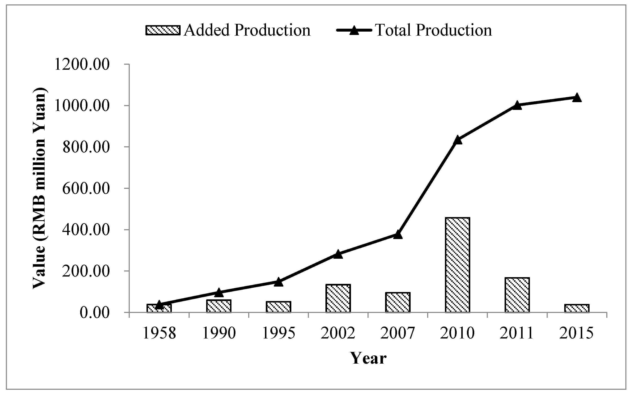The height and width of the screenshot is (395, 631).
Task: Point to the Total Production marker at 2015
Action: coord(577,98)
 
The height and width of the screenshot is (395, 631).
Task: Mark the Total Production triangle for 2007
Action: coord(398,234)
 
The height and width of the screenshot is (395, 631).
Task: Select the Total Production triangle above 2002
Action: coord(338,254)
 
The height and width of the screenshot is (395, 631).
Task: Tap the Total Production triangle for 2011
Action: coord(517,105)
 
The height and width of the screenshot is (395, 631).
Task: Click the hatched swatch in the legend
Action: coord(163,30)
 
